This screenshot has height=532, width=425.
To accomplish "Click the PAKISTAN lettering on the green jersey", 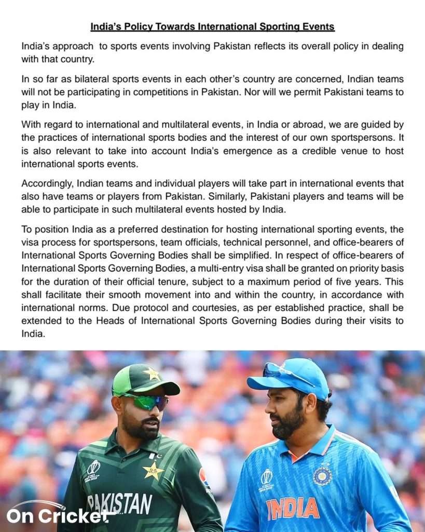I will click(x=120, y=502).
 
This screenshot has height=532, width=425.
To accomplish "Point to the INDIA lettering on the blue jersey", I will click(x=293, y=509).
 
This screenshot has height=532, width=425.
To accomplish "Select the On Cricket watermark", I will click(x=57, y=515).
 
